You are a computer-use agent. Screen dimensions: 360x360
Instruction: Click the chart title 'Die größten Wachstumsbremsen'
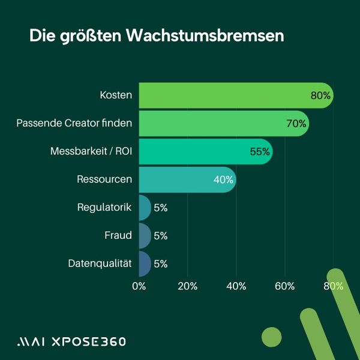click(x=156, y=35)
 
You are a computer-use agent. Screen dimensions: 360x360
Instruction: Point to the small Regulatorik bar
click(x=145, y=208)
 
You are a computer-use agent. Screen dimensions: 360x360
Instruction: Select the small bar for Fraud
click(x=145, y=236)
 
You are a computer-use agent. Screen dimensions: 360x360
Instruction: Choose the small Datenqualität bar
click(x=145, y=263)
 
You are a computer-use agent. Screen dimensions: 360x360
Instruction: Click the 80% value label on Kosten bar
click(x=320, y=95)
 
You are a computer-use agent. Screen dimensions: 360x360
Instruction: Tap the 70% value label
click(x=296, y=124)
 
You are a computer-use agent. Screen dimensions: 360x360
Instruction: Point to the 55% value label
click(x=260, y=152)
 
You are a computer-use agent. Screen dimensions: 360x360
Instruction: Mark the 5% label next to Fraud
click(x=160, y=236)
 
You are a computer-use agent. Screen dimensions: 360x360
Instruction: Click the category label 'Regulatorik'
click(x=104, y=208)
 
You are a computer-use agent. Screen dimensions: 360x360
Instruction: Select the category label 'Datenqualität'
click(x=100, y=263)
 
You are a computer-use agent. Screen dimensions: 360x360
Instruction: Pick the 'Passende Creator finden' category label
click(x=74, y=124)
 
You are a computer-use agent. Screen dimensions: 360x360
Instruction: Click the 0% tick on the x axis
click(x=139, y=286)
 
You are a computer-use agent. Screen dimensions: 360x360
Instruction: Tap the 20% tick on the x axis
click(x=188, y=286)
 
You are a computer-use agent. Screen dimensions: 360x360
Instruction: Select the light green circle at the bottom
click(x=272, y=337)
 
